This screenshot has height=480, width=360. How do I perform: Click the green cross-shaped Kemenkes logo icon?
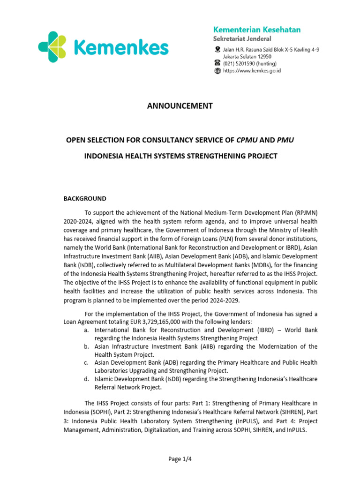point(55,47)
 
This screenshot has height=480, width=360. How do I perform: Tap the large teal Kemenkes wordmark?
point(121,48)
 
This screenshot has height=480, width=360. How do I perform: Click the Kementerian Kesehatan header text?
point(257,30)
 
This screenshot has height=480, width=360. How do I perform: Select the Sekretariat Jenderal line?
point(242,39)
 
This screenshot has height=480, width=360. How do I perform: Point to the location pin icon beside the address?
point(217,49)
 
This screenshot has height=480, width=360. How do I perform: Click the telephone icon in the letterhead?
point(217,63)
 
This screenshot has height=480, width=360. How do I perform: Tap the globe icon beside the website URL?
point(217,71)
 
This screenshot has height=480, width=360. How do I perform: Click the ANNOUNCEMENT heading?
point(180,106)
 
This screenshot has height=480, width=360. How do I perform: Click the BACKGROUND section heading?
point(85,198)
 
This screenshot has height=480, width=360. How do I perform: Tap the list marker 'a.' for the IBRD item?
point(87,330)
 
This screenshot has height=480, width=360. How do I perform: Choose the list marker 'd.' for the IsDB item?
point(87,379)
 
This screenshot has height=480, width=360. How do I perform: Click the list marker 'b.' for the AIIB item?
point(87,346)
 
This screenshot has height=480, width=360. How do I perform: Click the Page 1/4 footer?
point(180,459)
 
